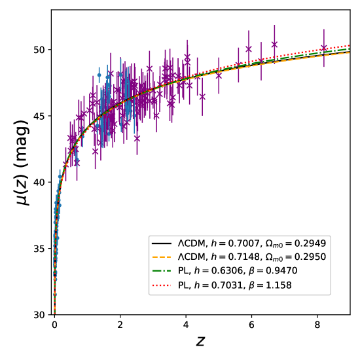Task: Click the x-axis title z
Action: point(201,342)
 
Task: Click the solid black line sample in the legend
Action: point(162,242)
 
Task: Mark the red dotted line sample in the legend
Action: point(162,286)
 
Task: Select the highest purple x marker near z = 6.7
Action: point(274,45)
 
